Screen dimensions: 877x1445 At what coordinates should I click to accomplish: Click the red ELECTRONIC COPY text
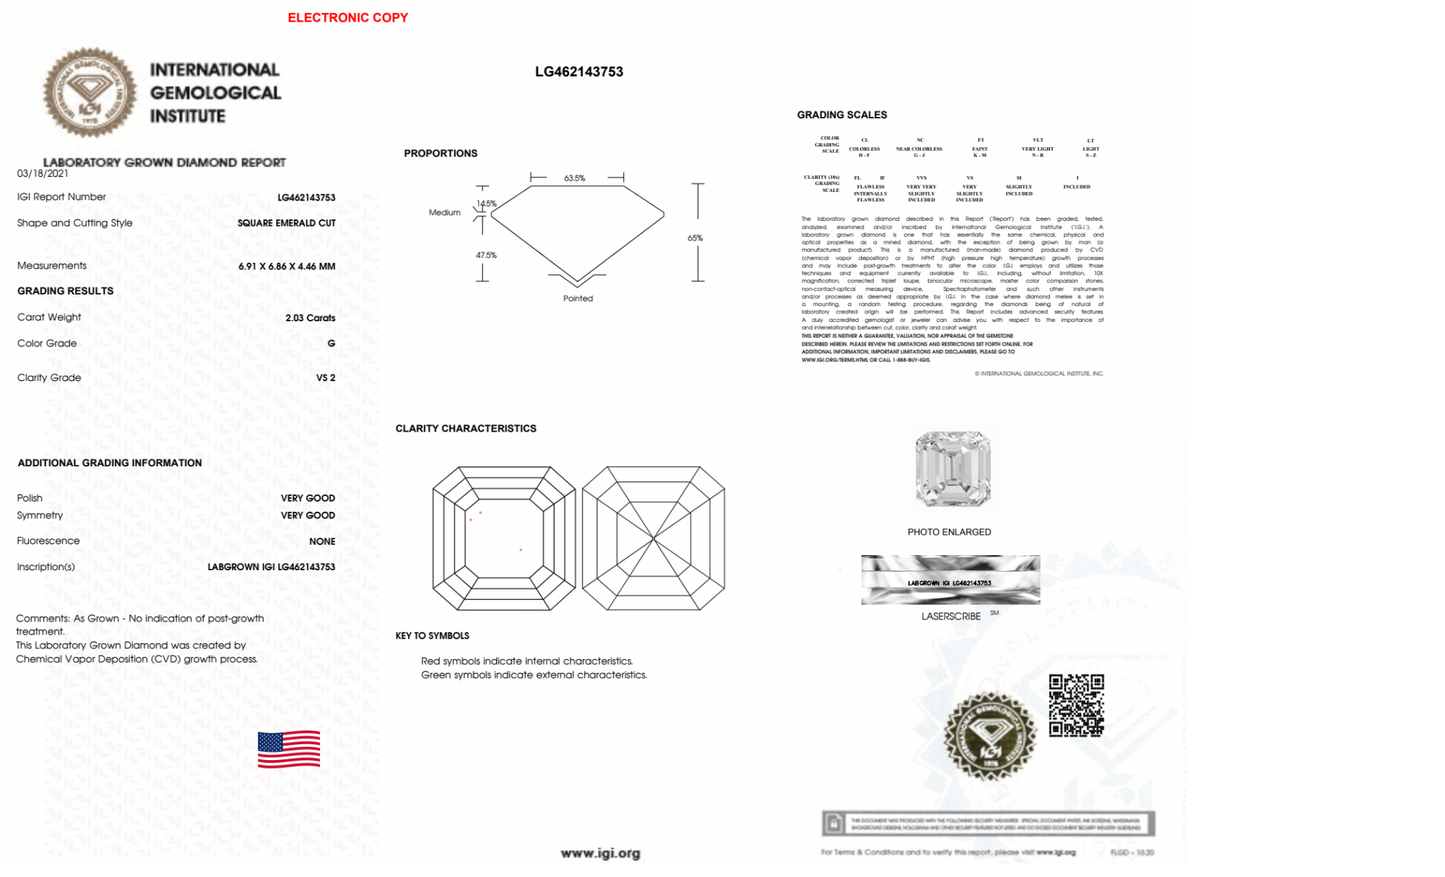[x=347, y=17]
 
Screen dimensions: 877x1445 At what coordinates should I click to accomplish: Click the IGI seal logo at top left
[x=90, y=92]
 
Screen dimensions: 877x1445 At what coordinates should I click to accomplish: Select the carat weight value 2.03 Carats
[x=310, y=318]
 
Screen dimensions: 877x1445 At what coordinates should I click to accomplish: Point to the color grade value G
[x=331, y=344]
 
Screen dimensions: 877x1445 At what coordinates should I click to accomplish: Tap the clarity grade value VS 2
[x=325, y=378]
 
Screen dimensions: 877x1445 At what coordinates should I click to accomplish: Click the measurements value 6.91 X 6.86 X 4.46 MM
[x=287, y=266]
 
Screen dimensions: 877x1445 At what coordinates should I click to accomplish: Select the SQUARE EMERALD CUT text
[x=286, y=223]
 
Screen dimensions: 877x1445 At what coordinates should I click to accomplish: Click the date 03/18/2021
[x=43, y=173]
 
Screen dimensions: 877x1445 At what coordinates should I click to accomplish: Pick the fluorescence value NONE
[x=321, y=541]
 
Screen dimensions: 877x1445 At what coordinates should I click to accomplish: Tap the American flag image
[x=289, y=749]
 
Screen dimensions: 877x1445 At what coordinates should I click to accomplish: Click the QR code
[x=1076, y=705]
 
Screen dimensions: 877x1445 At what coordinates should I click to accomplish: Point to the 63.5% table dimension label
[x=575, y=178]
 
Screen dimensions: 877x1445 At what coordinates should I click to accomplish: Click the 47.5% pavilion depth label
[x=486, y=256]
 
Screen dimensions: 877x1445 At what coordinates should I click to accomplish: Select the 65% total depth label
[x=695, y=238]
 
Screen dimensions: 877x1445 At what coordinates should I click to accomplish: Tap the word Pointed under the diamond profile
[x=578, y=299]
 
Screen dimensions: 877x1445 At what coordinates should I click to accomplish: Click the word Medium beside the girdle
[x=444, y=213]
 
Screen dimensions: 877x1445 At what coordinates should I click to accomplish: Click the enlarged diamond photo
[x=953, y=469]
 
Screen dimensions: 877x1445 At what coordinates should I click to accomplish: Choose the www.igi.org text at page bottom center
[x=600, y=854]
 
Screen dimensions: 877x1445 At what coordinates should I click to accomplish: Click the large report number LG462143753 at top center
[x=578, y=71]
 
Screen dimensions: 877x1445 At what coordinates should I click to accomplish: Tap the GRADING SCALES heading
[x=841, y=115]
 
